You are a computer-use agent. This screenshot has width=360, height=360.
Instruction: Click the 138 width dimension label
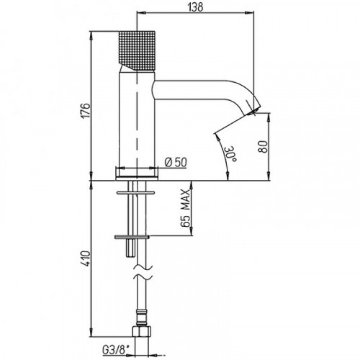tap(195, 7)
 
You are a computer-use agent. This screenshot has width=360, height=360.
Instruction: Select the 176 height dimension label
tap(86, 110)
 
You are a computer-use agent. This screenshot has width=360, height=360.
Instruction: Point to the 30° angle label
tap(230, 154)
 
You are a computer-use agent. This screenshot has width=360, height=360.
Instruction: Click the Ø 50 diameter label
tap(176, 163)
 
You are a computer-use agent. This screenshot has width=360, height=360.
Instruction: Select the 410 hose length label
tap(86, 258)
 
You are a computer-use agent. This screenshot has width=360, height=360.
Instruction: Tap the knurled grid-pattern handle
tap(137, 51)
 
